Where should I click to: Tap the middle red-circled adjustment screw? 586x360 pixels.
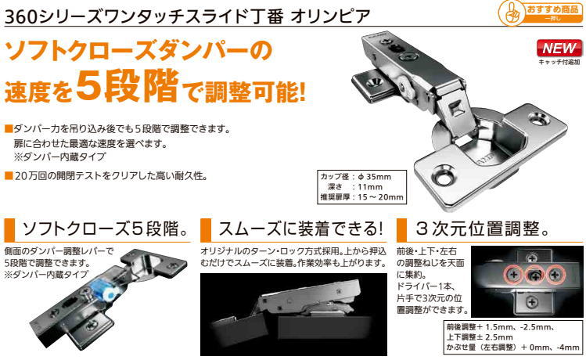[535, 275]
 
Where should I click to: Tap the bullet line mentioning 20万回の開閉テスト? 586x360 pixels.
[110, 175]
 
